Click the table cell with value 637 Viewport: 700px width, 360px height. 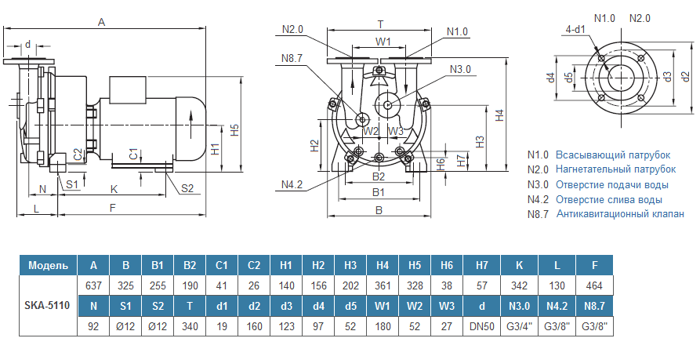(94, 285)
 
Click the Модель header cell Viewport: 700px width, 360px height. (47, 265)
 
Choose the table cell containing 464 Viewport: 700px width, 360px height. (594, 285)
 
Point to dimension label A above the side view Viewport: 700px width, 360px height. (101, 22)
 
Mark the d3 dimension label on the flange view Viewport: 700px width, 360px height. (666, 76)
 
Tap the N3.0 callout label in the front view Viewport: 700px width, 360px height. (461, 70)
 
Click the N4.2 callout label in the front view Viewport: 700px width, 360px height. (292, 184)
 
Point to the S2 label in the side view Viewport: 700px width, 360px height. (187, 188)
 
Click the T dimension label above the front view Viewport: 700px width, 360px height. (380, 24)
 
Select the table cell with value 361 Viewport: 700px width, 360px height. (383, 285)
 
